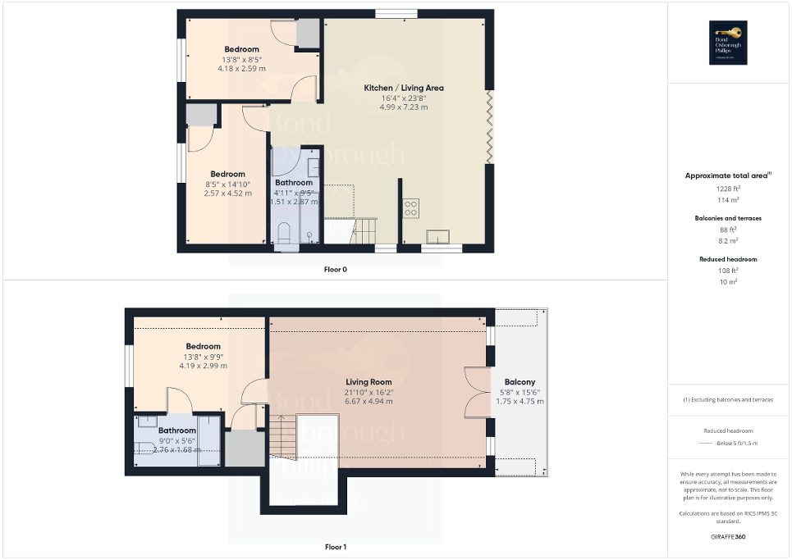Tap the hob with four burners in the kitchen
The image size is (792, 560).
[411, 208]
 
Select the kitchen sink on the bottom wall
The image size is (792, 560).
[437, 237]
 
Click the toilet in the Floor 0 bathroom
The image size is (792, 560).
[283, 233]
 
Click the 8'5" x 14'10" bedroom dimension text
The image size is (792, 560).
[227, 184]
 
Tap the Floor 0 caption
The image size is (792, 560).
[335, 269]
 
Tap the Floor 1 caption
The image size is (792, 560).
[335, 546]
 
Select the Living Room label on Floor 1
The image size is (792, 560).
[369, 382]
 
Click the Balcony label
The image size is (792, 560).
[520, 382]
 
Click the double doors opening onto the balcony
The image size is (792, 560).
[475, 392]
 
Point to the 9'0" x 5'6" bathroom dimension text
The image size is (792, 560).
[177, 440]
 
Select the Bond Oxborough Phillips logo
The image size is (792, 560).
[728, 43]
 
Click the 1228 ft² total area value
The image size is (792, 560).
[728, 188]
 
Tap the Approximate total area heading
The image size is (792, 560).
[727, 175]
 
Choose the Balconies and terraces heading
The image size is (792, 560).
[728, 218]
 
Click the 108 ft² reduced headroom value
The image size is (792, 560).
[728, 270]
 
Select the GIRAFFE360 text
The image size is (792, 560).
[728, 537]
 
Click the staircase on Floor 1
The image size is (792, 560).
[282, 437]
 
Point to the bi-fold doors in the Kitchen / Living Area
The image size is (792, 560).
[490, 127]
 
